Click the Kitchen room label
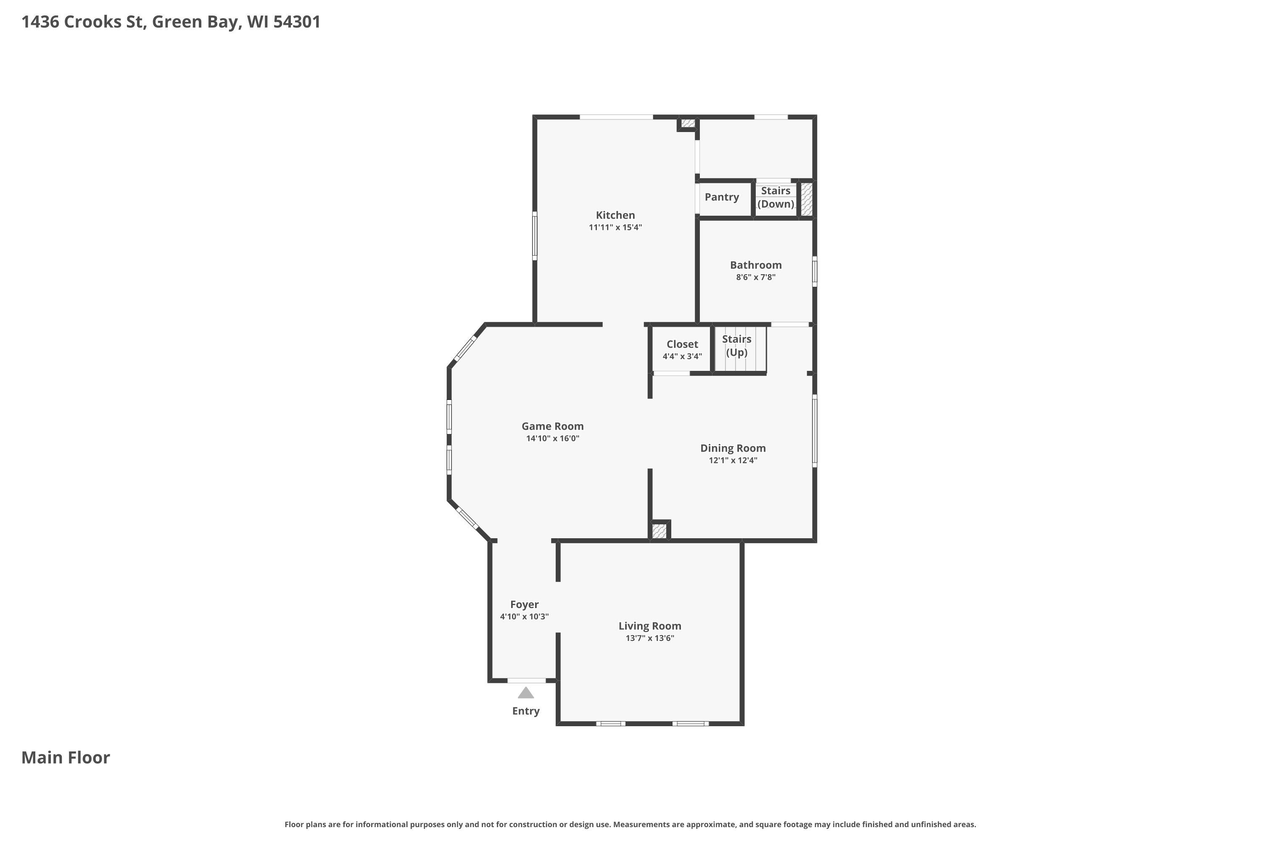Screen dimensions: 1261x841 [x=615, y=215]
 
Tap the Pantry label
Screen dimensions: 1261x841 [x=722, y=197]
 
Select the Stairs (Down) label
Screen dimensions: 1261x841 [x=776, y=197]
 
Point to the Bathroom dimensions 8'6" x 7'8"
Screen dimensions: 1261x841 [x=755, y=277]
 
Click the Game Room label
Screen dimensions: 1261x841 [x=552, y=426]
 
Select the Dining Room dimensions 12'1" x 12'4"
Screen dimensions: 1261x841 [x=733, y=460]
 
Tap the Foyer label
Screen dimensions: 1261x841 [x=524, y=605]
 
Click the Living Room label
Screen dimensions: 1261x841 [x=650, y=626]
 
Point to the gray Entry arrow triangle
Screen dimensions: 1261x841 [x=526, y=693]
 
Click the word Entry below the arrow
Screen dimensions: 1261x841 [x=526, y=711]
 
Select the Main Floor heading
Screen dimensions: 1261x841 [x=66, y=757]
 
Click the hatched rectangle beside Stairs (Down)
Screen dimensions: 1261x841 [x=806, y=199]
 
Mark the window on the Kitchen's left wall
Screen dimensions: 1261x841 [x=535, y=236]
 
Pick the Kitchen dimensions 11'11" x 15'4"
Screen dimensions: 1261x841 [x=615, y=227]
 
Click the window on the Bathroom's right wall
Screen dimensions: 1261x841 [x=815, y=271]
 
